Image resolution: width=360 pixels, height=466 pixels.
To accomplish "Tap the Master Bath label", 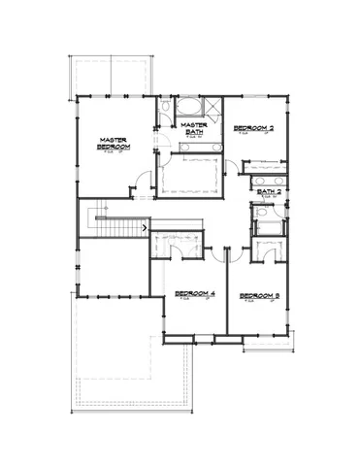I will click(x=193, y=129).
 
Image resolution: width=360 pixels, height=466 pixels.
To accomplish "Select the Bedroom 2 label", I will click(x=253, y=128).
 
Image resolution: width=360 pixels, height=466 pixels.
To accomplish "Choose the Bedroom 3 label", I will click(x=259, y=293).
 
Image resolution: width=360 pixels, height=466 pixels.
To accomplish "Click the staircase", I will click(x=113, y=225).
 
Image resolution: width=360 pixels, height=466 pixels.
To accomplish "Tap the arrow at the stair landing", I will click(x=146, y=227).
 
